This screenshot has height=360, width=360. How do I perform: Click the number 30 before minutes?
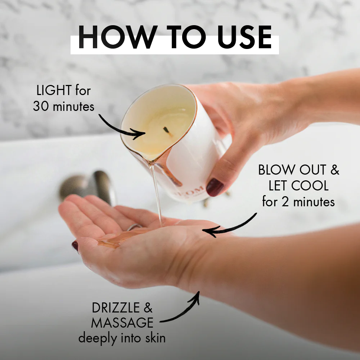[x=40, y=106]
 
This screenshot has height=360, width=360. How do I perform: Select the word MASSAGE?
[x=122, y=323]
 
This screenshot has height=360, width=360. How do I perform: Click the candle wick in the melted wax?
[x=166, y=131]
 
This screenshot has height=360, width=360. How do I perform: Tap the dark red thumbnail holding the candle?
[x=215, y=187]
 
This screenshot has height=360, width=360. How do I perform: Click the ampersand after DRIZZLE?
[x=148, y=308]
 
